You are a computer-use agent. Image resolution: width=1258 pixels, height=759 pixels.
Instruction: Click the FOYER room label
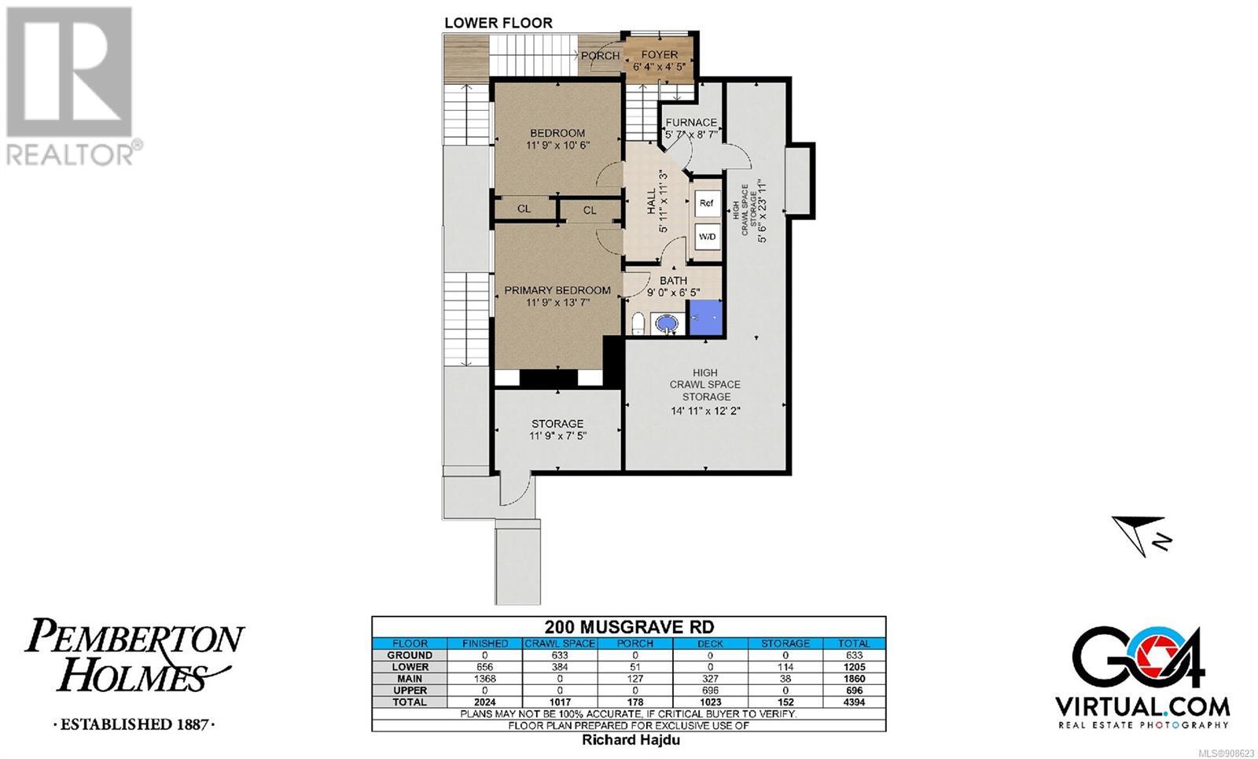(x=660, y=55)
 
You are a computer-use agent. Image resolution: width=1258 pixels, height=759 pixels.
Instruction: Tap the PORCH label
(x=600, y=56)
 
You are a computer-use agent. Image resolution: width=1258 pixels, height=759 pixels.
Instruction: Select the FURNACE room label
(x=691, y=123)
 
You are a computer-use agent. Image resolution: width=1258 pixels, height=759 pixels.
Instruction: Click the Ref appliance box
(x=707, y=204)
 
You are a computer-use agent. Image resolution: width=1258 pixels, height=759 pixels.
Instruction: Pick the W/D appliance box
(x=707, y=237)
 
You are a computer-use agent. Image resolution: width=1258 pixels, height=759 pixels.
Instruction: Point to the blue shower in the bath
(x=704, y=318)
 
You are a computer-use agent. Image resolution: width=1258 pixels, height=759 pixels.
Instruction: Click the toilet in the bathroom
(x=638, y=323)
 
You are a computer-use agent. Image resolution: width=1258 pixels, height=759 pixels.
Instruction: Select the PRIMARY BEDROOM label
(x=557, y=290)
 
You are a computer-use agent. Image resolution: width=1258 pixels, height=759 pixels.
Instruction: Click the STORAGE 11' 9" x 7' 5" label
(x=557, y=429)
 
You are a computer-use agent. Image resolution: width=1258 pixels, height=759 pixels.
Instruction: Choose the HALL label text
(x=652, y=201)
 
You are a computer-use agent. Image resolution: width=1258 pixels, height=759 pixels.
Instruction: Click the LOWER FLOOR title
(x=498, y=23)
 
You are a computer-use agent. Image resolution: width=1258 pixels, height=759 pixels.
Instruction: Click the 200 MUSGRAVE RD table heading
(x=629, y=626)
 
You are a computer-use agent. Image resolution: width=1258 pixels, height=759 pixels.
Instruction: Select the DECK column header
(x=710, y=643)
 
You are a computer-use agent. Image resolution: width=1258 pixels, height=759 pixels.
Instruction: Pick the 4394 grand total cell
(x=854, y=702)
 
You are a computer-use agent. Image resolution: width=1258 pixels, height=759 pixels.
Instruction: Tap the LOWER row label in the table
(x=410, y=667)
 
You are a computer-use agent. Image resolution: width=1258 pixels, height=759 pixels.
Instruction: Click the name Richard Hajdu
(x=631, y=740)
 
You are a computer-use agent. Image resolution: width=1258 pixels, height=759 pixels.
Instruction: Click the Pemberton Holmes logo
(x=134, y=672)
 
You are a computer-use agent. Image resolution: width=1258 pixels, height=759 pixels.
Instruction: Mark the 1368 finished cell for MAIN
(x=484, y=679)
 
